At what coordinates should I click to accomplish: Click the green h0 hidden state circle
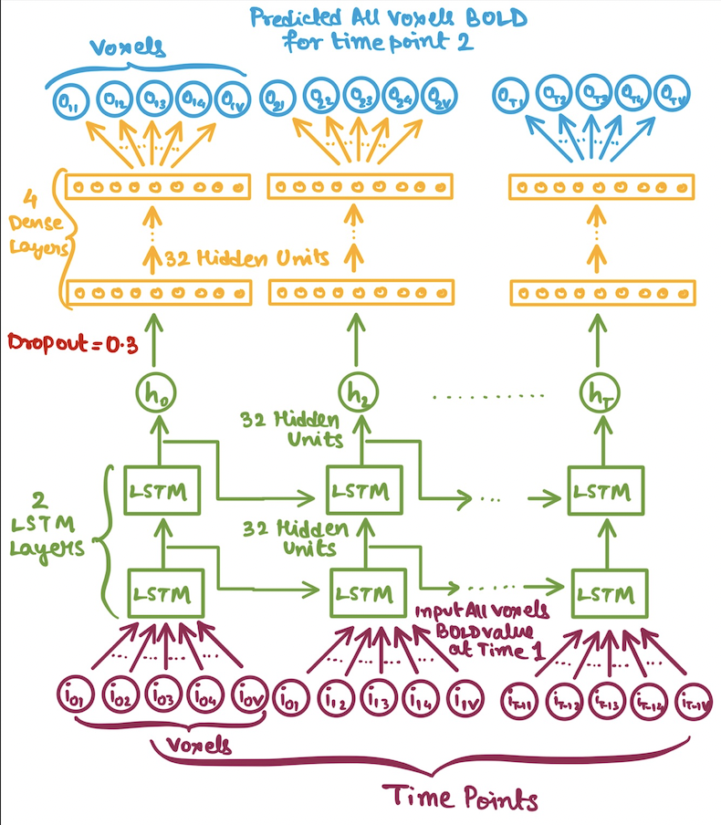161,394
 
